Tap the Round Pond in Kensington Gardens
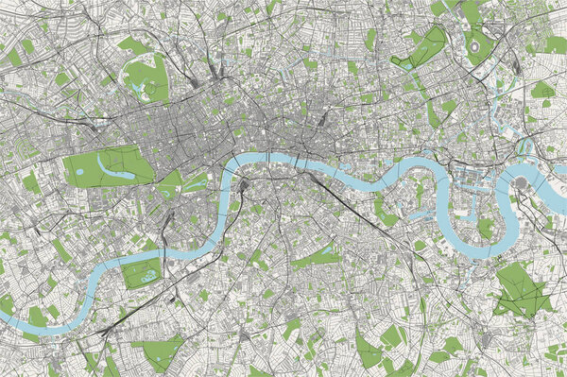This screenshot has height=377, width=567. point(79,170)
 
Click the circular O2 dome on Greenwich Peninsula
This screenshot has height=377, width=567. point(521,182)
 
